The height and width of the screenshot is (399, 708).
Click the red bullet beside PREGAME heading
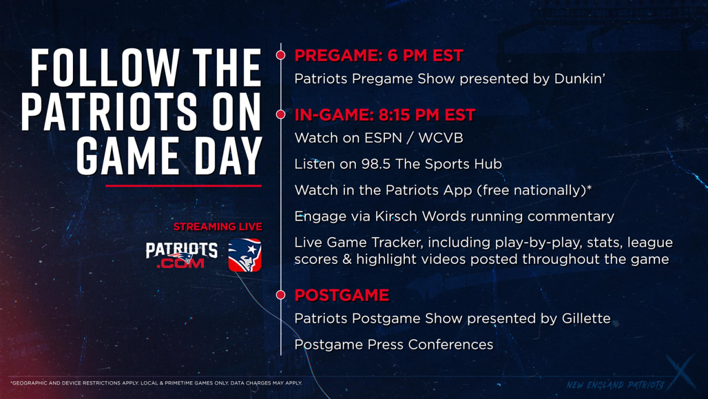coord(280,55)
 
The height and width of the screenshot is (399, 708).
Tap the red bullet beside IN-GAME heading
coord(280,114)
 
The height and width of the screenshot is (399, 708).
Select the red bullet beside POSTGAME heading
coord(280,295)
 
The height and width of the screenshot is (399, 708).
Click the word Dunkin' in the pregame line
coord(580,79)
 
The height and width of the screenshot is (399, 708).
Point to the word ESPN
coord(383,138)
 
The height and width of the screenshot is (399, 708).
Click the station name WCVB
coord(441,138)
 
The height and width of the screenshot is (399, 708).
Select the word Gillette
coord(586,318)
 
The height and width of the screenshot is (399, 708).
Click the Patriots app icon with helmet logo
coord(244,255)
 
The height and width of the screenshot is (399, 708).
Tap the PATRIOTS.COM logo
coord(181,255)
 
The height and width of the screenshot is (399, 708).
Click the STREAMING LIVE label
coord(218,227)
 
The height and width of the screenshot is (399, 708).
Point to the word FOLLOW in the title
coord(105,68)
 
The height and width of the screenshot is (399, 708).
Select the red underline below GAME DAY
coord(183,186)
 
